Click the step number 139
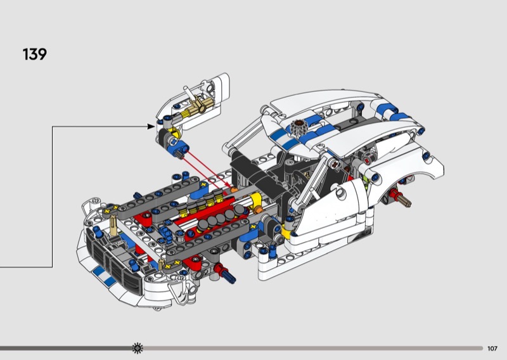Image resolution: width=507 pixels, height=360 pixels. [x=35, y=54]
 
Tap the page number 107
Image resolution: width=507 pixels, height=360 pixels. [x=492, y=349]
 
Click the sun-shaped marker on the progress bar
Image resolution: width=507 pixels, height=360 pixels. [x=138, y=348]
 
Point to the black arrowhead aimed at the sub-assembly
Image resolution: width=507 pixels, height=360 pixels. [x=151, y=127]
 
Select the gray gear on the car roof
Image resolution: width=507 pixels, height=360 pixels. [x=297, y=127]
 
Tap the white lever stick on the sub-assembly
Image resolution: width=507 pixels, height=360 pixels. [x=189, y=93]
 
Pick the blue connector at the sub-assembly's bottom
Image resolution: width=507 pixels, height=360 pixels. [x=177, y=148]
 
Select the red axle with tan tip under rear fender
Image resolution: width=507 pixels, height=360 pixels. [x=400, y=197]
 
